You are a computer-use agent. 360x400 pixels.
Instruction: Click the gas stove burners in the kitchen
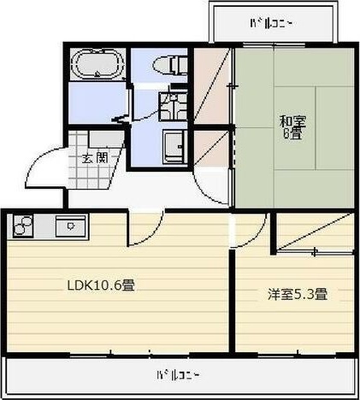[23, 227]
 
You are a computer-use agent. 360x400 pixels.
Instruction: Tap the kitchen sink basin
[67, 227]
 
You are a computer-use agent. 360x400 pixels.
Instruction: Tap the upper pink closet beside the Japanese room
[210, 85]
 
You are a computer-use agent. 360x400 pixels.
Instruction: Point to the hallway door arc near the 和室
[214, 184]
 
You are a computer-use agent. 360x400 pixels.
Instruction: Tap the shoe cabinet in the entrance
[103, 139]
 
